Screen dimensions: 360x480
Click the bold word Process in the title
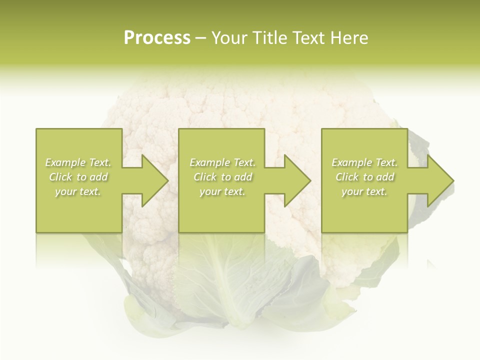157,38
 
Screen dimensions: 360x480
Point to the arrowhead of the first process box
153,180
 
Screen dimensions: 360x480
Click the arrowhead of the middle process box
295,180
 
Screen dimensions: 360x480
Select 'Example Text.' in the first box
78,162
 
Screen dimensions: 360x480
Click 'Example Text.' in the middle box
222,162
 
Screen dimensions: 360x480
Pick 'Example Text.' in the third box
364,162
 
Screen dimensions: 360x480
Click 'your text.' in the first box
78,191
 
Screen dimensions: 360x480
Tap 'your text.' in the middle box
222,191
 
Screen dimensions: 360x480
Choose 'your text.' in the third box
364,191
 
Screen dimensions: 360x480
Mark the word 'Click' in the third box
347,177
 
